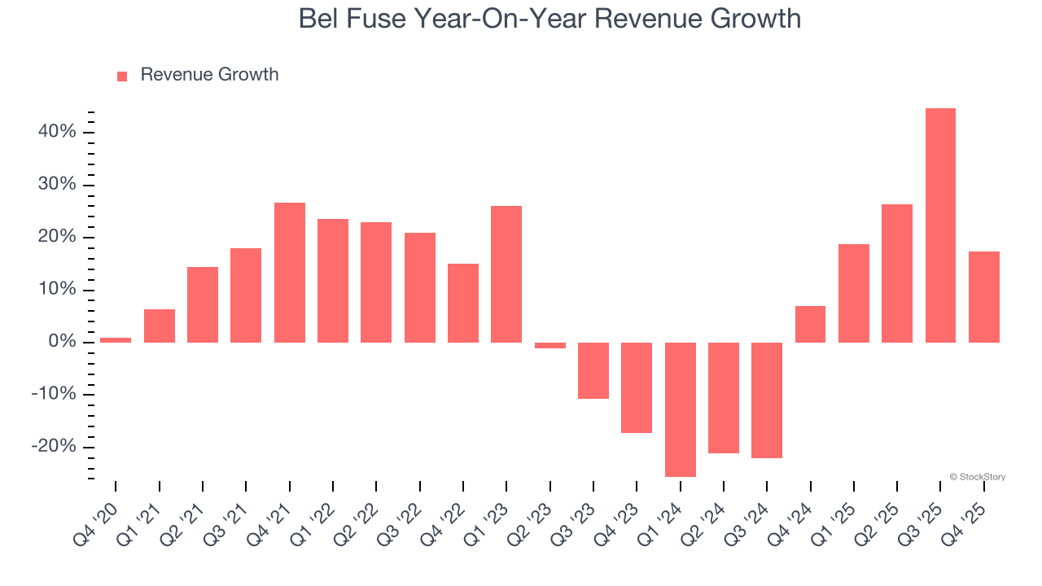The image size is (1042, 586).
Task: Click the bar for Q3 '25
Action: [x=940, y=225]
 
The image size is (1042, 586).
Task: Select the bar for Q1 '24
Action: [x=680, y=409]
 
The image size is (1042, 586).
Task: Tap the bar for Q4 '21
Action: [x=289, y=273]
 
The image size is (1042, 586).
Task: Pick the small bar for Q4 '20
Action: [x=116, y=340]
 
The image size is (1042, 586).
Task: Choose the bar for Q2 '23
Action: [x=549, y=345]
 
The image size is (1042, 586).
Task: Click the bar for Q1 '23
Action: [x=506, y=274]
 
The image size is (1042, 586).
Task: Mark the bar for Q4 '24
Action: [x=810, y=324]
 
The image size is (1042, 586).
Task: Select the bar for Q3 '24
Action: [x=767, y=400]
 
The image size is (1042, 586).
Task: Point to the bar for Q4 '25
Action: [x=983, y=297]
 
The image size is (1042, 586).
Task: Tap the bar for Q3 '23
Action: [x=593, y=370]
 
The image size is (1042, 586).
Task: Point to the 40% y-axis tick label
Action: [x=56, y=132]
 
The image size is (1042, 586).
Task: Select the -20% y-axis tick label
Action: [x=54, y=447]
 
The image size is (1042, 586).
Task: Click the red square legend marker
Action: [x=122, y=76]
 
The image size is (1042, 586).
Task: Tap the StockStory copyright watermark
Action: [x=977, y=477]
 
